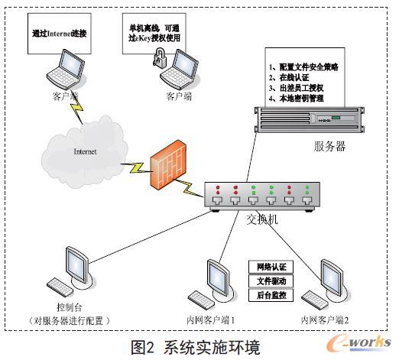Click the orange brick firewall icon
[170, 167]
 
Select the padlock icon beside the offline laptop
[161, 57]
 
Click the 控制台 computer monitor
[79, 264]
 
